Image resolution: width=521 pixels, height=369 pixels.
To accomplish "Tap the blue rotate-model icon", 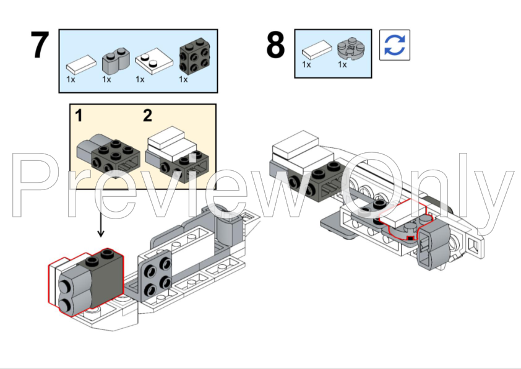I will pos(394,45).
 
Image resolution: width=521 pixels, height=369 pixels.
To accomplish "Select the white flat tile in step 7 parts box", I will pos(81,63).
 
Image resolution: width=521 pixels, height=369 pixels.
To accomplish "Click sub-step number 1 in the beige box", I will pos(79,115).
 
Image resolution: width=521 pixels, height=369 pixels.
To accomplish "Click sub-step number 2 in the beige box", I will pos(147,115).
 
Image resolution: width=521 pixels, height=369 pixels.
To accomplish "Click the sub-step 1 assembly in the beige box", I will pos(105,151).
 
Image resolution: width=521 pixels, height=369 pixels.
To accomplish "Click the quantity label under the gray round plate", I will pos(342,64).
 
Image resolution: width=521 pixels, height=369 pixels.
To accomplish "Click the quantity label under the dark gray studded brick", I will pos(183,79).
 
